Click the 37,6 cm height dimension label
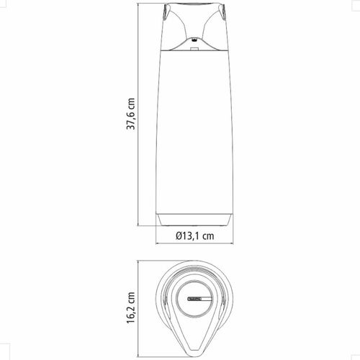click(131, 114)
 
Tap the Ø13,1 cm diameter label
click(194, 236)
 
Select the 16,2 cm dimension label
click(131, 307)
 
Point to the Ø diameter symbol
click(179, 236)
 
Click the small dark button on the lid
click(195, 40)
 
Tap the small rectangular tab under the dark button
click(194, 49)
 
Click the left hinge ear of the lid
click(166, 13)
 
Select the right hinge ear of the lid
click(223, 13)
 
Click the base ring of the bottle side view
click(194, 220)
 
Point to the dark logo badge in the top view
click(195, 299)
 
